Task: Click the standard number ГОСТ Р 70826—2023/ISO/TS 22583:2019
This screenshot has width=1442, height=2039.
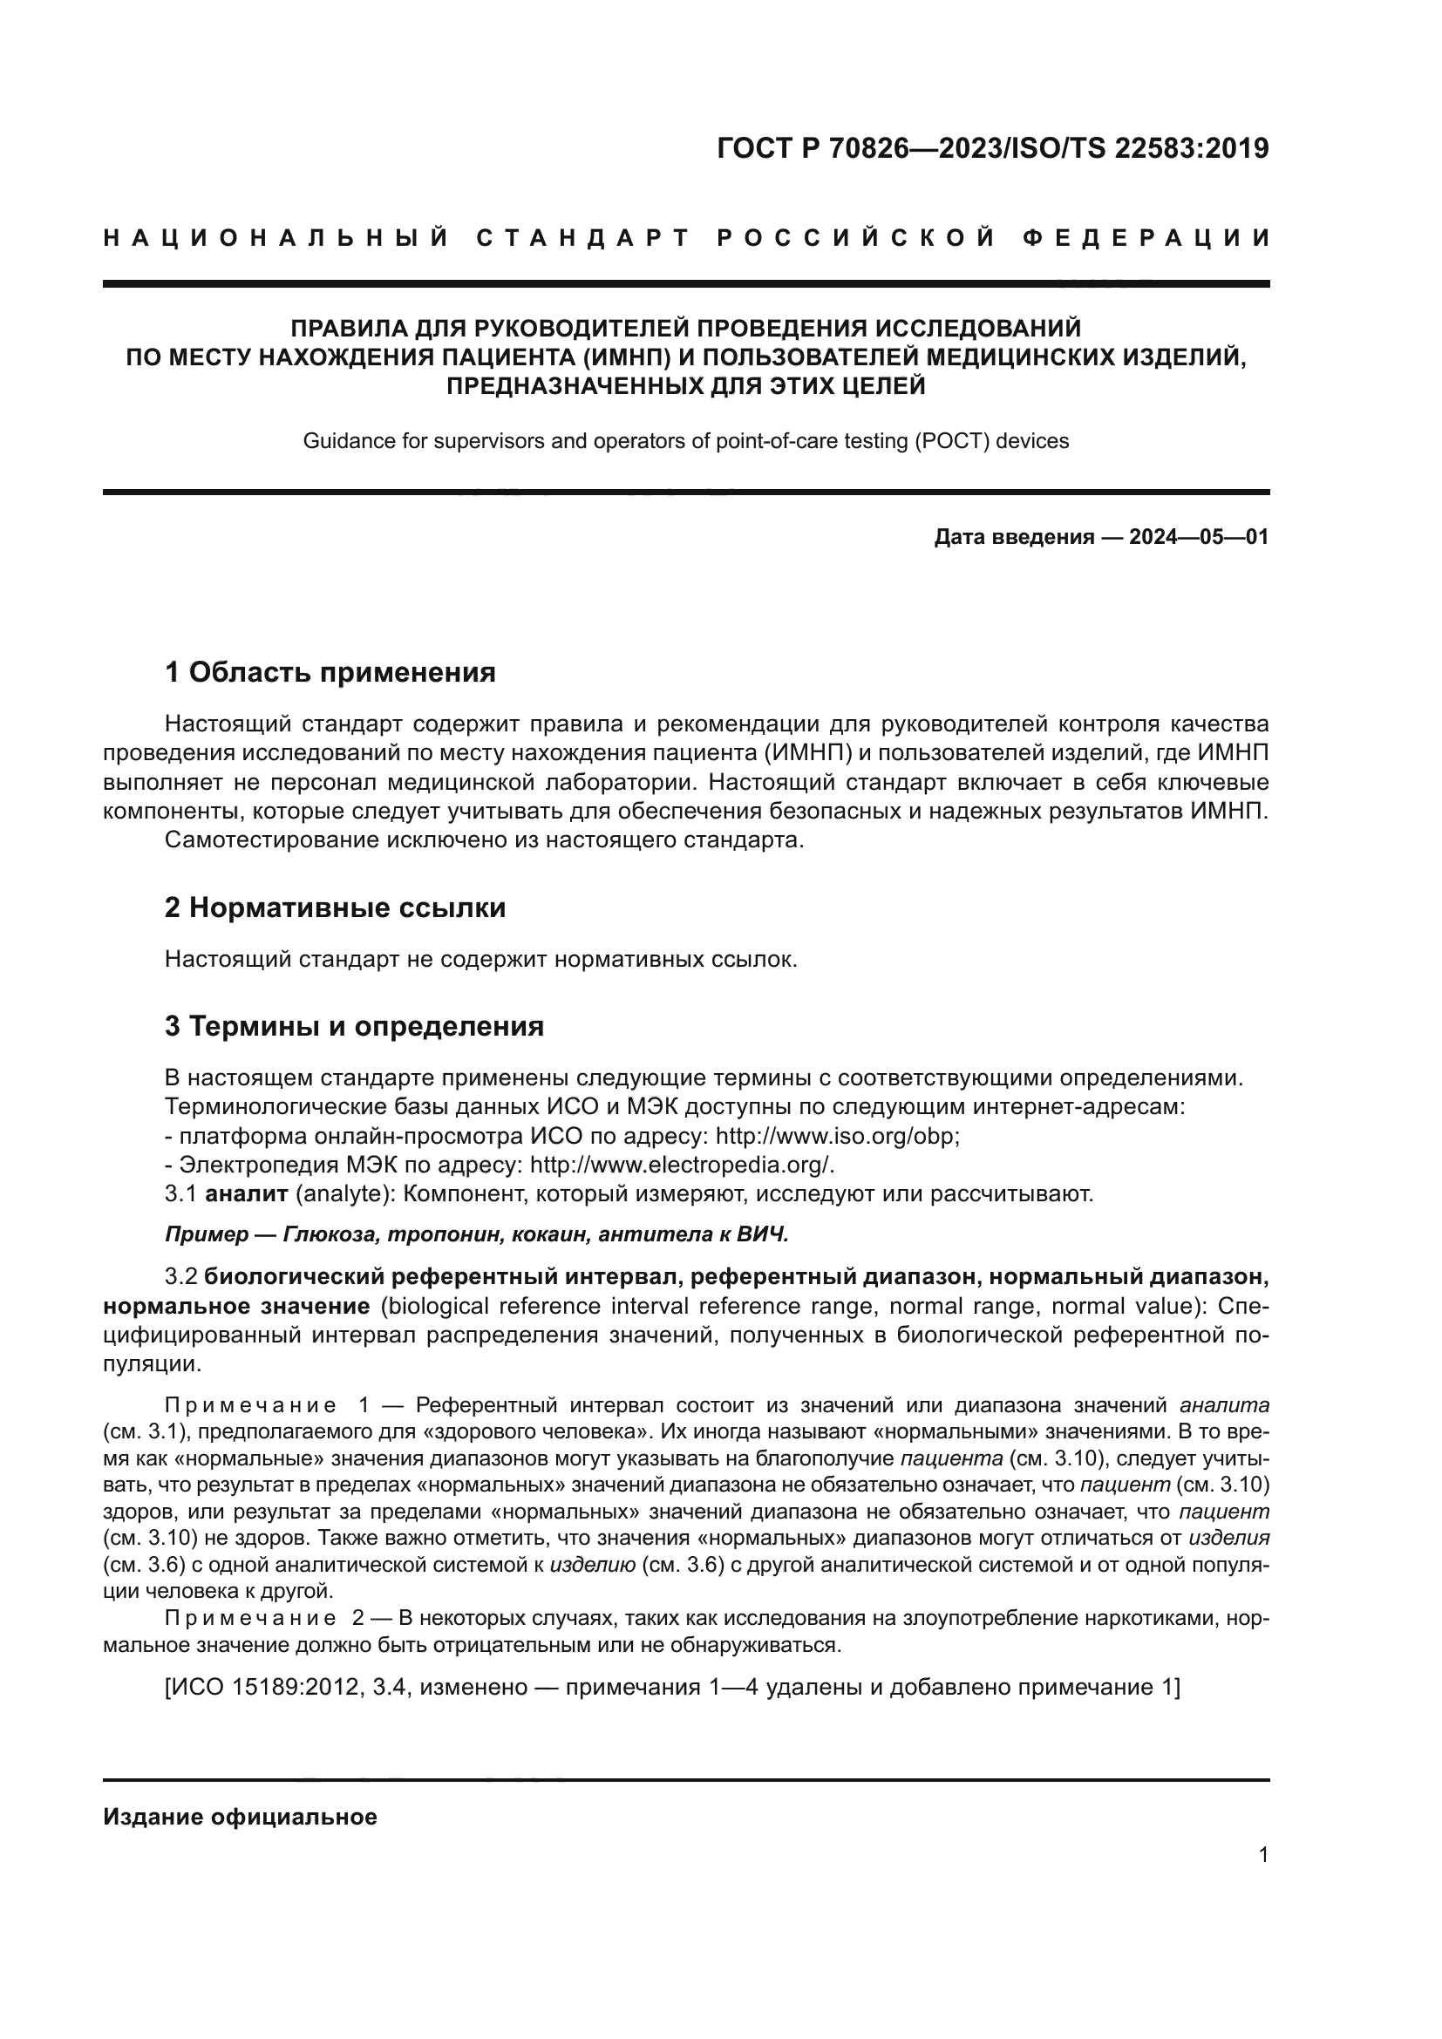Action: coord(992,148)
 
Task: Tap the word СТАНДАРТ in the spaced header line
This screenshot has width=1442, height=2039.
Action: coord(583,238)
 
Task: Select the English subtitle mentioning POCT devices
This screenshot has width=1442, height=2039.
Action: coord(685,440)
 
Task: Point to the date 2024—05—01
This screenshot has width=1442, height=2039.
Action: coord(1199,537)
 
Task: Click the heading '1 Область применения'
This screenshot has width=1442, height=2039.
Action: coord(330,672)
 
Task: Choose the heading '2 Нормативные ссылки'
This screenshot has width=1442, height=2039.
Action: coord(335,907)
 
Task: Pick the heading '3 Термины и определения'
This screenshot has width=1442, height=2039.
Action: coord(354,1027)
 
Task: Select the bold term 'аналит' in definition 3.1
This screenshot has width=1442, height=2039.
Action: coord(246,1193)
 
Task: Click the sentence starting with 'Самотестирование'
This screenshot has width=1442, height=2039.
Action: coord(484,840)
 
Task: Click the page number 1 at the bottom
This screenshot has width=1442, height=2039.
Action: coord(1263,1854)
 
